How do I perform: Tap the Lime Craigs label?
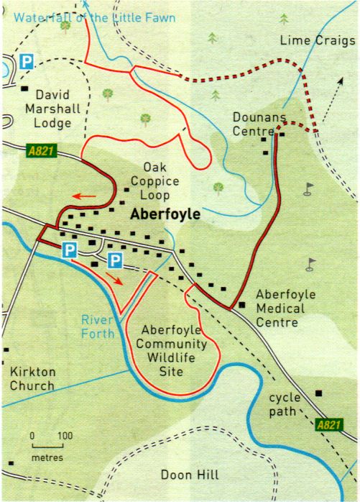coord(317,41)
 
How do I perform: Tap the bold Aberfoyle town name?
coord(166,214)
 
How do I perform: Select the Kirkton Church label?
coord(32,379)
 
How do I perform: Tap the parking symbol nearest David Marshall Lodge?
coord(26,63)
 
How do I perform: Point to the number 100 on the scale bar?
coord(65,436)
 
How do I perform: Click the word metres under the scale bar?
coord(47,457)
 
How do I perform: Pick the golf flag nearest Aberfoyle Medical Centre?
coord(311,263)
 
